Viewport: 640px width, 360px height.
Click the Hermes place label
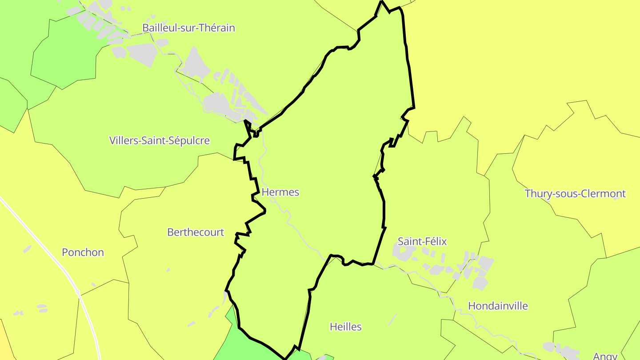tap(280, 192)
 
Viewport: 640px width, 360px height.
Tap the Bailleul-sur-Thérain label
tap(188, 28)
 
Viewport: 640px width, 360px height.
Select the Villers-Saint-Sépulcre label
tap(160, 141)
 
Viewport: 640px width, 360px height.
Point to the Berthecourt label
tap(196, 232)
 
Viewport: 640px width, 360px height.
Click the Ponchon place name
tap(83, 252)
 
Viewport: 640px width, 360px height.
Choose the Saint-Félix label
tap(422, 242)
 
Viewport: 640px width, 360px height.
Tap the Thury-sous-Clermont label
tap(575, 194)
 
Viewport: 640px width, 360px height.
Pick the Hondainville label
tap(498, 306)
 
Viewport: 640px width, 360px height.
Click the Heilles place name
tap(346, 327)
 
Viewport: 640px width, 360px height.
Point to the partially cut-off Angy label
tap(605, 355)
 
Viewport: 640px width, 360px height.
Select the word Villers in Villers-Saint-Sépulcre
tap(123, 141)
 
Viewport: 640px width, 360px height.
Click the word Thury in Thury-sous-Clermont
tap(537, 194)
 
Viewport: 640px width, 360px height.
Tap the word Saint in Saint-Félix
tap(409, 242)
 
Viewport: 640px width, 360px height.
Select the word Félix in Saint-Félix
tap(436, 242)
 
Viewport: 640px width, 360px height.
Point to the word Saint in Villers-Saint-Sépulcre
tap(152, 141)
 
